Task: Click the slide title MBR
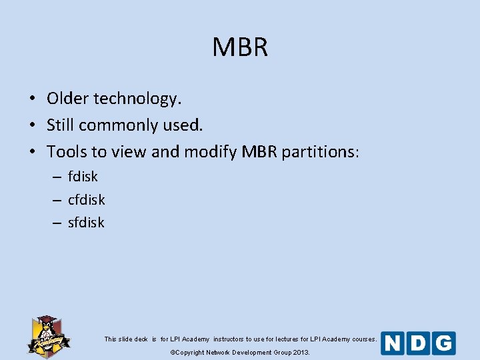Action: tap(240, 47)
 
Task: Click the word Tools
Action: tap(67, 152)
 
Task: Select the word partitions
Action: tap(320, 153)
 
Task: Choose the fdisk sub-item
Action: tap(83, 177)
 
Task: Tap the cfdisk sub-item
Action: tap(87, 199)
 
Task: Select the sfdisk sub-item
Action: tap(87, 223)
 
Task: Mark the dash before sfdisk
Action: tap(59, 223)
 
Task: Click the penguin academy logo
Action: tap(48, 335)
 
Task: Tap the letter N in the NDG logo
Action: tap(394, 343)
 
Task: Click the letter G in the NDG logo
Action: tap(443, 343)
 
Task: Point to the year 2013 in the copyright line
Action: tap(301, 352)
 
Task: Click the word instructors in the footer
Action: tap(229, 339)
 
